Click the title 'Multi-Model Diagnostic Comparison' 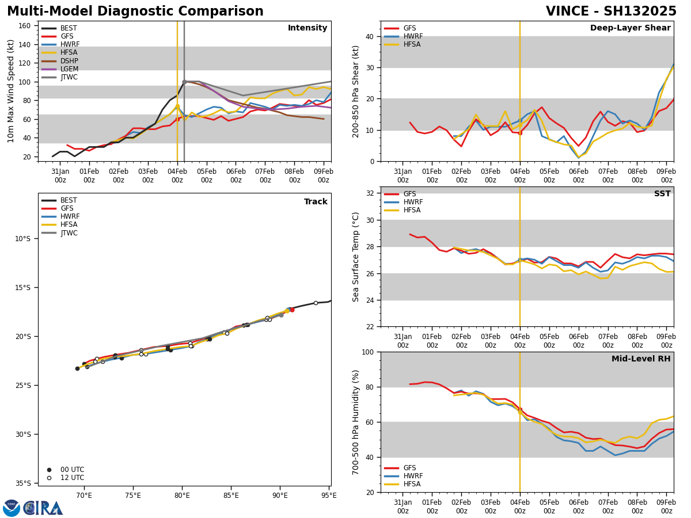click(135, 12)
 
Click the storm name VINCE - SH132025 click(611, 12)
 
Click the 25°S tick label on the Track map click(22, 386)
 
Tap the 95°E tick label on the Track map click(329, 495)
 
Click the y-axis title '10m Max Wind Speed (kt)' click(11, 91)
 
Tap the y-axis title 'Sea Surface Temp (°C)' click(356, 257)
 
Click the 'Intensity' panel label click(307, 28)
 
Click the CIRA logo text click(43, 508)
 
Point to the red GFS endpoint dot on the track click(292, 310)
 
